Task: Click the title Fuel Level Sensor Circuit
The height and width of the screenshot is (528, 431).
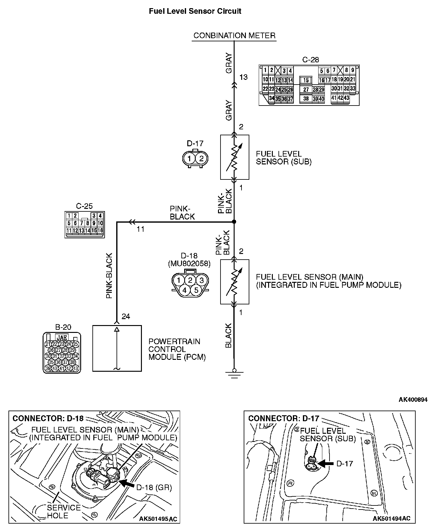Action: (x=195, y=11)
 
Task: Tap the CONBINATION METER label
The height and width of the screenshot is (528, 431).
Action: (x=234, y=35)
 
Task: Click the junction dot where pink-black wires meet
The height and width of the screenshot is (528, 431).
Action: (x=234, y=222)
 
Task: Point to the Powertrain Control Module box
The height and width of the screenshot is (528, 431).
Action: (x=117, y=348)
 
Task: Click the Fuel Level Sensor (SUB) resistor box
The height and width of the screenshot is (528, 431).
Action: (x=235, y=157)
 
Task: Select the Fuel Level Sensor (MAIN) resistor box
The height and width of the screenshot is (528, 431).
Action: (x=235, y=282)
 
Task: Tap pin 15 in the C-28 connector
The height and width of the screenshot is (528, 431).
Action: (x=306, y=80)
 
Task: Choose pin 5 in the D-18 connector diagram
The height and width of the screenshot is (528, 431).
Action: (x=196, y=290)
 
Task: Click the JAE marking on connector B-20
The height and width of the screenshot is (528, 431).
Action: (x=62, y=338)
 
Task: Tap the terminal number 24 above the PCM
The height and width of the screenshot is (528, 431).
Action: (x=126, y=317)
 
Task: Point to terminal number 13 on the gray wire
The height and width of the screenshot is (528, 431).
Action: (x=243, y=77)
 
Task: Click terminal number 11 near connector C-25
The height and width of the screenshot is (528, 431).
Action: (x=141, y=229)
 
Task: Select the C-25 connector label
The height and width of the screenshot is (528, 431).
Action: (x=84, y=206)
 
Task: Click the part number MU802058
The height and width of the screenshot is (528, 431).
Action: (x=189, y=264)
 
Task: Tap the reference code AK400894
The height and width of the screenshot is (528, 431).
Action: (x=413, y=400)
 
